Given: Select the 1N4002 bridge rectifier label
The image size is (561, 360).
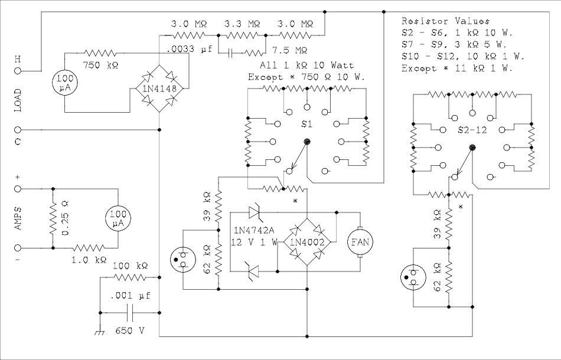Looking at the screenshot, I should click(x=308, y=241).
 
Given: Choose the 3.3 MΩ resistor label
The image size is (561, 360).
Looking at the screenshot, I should click(x=242, y=24).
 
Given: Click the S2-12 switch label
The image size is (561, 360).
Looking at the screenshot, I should click(x=472, y=130).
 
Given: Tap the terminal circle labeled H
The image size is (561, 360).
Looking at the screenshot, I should click(x=18, y=70).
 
